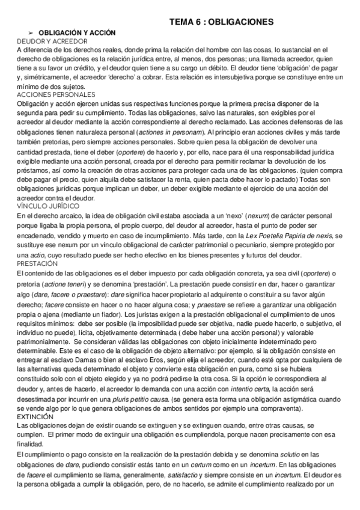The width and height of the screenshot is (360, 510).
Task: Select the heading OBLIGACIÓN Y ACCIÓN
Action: (x=77, y=32)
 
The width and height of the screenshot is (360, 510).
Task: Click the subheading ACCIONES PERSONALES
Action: (x=56, y=94)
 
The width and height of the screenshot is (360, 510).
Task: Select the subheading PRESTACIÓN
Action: (x=37, y=263)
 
